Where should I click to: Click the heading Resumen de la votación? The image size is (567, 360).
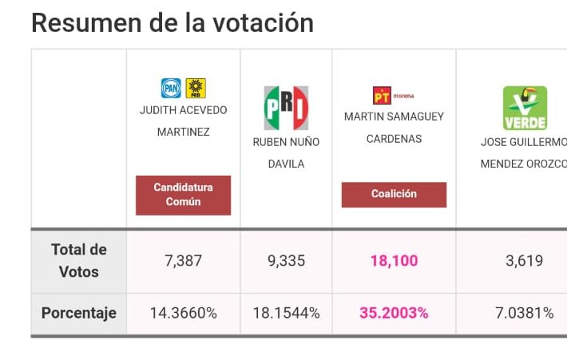point(172,23)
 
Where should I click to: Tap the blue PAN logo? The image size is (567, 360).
point(171,88)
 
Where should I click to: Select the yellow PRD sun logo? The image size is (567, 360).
point(196,88)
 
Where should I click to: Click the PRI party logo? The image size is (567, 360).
point(286,108)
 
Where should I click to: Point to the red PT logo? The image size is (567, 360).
point(382,96)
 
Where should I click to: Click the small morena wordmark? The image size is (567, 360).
point(403,96)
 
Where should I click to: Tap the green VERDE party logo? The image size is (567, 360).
point(525,108)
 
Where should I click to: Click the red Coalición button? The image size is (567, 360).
point(395,195)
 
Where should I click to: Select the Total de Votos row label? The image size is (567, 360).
point(79,260)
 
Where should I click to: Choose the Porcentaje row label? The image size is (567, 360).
point(79,313)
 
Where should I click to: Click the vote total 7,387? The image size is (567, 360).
point(184,260)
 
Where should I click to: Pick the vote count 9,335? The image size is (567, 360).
point(287,260)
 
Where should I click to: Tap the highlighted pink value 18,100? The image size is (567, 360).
point(395,260)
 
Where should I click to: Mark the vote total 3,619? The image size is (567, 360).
point(525,260)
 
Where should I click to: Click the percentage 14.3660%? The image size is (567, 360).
point(184,313)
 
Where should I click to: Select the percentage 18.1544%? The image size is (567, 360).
point(287,313)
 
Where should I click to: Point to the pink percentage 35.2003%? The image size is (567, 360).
point(395,313)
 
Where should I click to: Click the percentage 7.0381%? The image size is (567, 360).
point(525,313)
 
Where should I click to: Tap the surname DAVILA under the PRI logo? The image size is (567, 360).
point(286,164)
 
